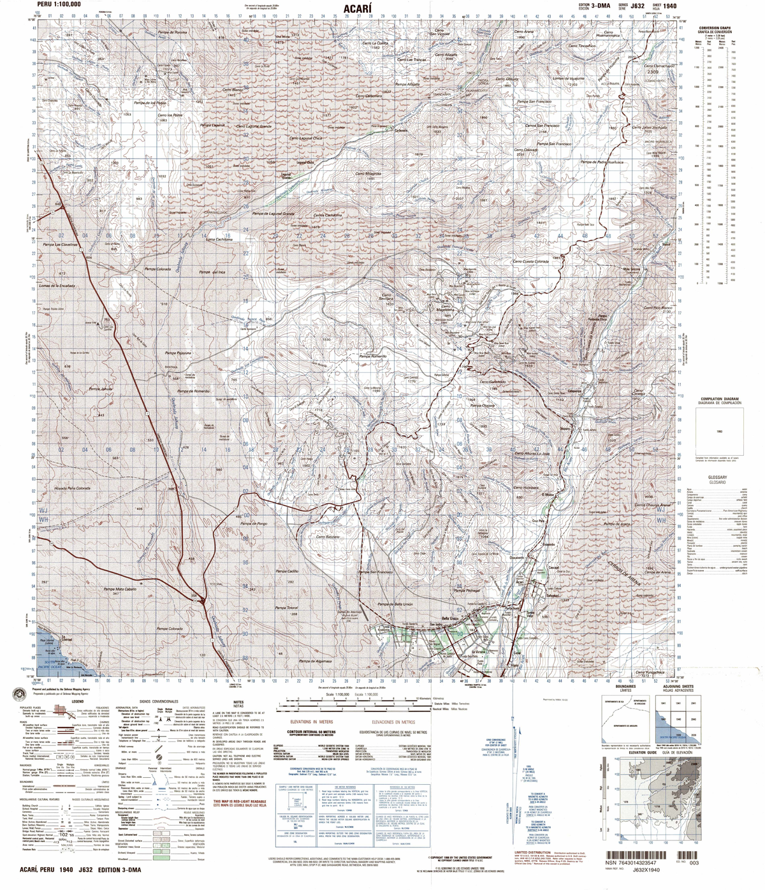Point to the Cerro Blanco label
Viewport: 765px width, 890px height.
click(233, 91)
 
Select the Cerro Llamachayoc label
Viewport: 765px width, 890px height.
click(658, 66)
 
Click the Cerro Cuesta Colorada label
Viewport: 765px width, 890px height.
click(530, 261)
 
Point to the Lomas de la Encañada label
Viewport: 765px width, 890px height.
click(57, 286)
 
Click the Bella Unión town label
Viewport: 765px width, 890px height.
click(449, 618)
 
